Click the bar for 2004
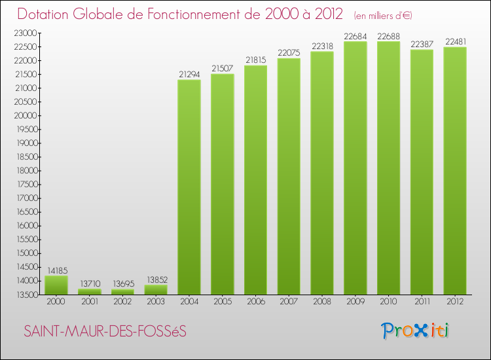(x=189, y=187)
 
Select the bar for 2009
(x=355, y=168)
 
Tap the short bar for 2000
(x=56, y=285)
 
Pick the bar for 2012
(x=455, y=170)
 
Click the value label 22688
(x=389, y=36)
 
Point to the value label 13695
(x=122, y=284)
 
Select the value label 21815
(x=256, y=60)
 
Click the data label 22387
(x=422, y=44)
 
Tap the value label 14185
(x=56, y=270)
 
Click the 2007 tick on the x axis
(x=289, y=302)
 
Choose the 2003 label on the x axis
(x=156, y=302)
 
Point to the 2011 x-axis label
(x=422, y=302)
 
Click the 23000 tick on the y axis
(x=25, y=33)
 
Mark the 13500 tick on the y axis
(x=25, y=294)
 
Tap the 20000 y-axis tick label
(x=25, y=115)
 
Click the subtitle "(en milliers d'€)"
(x=383, y=15)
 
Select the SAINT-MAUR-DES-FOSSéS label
(x=105, y=332)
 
